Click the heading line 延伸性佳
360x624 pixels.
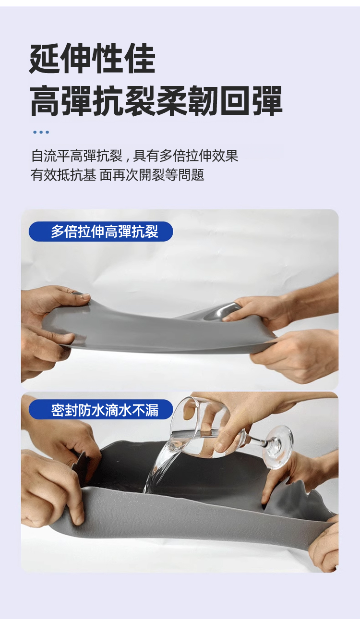(92, 59)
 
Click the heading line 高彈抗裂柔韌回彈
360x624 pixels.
(156, 101)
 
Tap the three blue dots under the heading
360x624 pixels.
(41, 132)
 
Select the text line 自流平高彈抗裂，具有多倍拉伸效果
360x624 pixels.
(134, 156)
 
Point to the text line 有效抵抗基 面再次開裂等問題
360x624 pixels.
(118, 175)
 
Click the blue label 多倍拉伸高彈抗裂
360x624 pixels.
(101, 232)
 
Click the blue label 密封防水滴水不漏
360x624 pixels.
(101, 409)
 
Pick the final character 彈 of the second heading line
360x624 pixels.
(267, 101)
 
